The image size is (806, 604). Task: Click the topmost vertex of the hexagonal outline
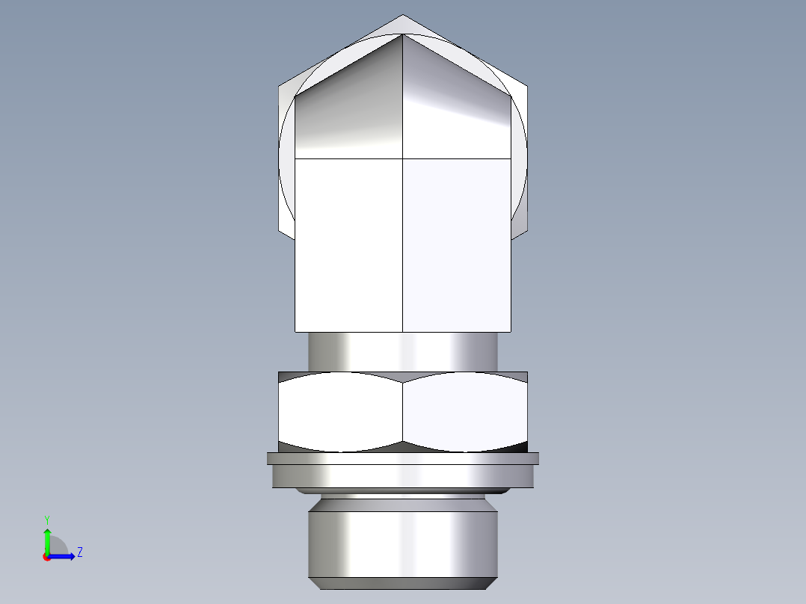403,15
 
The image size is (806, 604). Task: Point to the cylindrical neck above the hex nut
403,351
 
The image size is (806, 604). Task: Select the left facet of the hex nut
341,413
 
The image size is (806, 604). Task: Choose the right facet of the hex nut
465,413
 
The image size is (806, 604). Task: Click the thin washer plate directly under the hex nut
403,458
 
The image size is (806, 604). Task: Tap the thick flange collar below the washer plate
403,476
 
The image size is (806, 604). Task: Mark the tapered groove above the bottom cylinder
403,502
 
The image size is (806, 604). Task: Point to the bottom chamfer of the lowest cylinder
403,583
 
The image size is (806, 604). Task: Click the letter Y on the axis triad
47,519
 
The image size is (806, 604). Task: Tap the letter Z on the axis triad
79,552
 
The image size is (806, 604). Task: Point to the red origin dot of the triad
46,557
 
